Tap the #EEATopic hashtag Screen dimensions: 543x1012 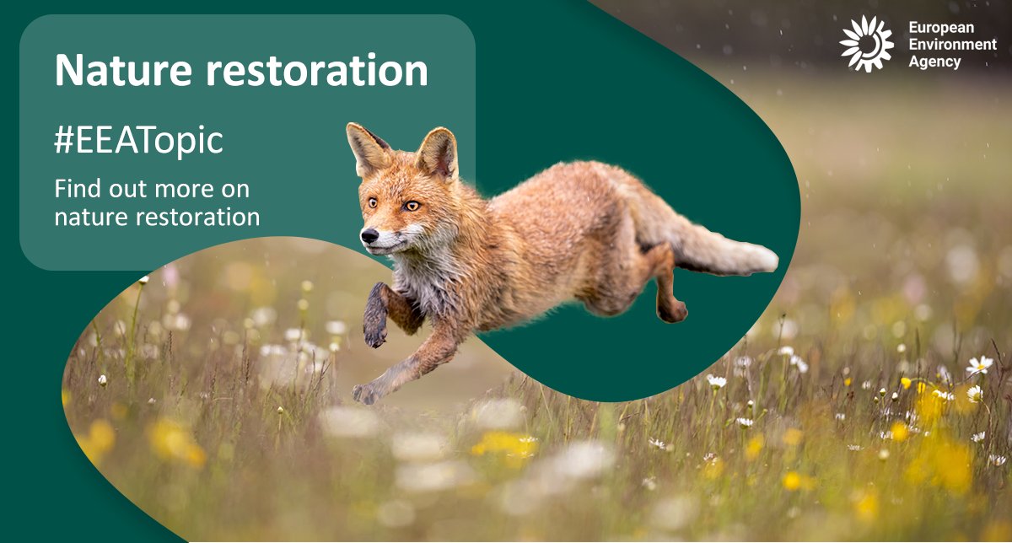(x=138, y=141)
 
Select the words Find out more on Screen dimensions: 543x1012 (x=152, y=188)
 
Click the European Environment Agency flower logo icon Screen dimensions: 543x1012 (x=866, y=43)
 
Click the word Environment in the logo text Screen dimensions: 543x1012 (x=951, y=45)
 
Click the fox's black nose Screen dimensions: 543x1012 (x=369, y=236)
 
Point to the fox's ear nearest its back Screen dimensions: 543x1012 (x=438, y=151)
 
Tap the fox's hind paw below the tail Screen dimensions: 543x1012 (x=673, y=311)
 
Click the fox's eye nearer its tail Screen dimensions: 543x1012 (x=411, y=206)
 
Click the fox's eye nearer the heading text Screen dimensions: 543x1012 (x=372, y=202)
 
